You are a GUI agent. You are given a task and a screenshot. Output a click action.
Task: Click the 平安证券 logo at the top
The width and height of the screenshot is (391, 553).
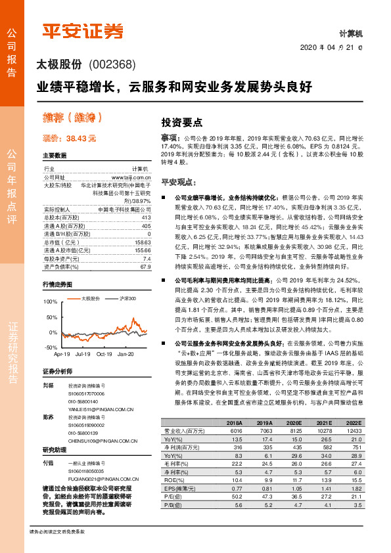click(83, 30)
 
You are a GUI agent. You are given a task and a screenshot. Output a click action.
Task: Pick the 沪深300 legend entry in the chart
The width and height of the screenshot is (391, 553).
click(127, 298)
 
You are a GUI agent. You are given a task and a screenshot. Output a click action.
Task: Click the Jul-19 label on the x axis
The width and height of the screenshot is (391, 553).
click(82, 353)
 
